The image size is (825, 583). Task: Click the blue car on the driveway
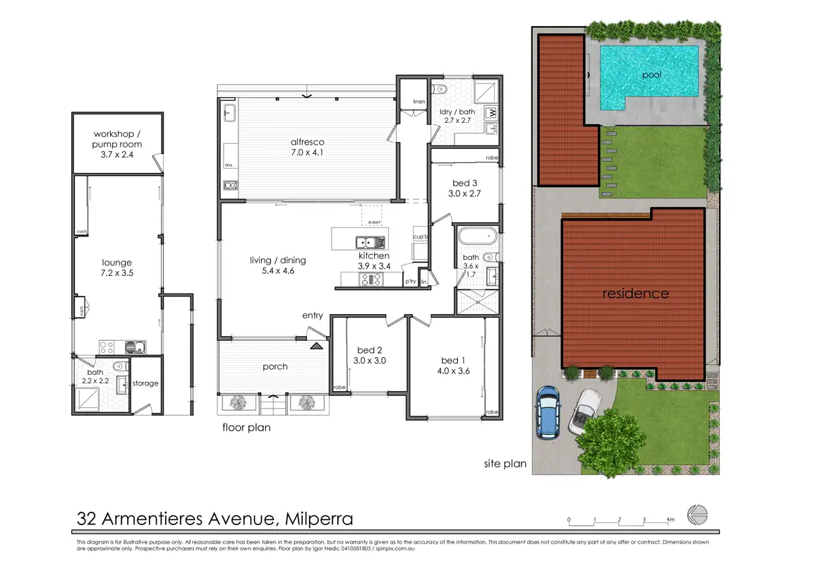pos(548,412)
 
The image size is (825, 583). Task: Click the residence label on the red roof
pos(635,293)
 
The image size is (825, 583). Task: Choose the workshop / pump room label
pos(118,140)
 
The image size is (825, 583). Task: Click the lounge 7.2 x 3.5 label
pos(117,268)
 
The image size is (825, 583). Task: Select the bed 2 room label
pos(369,350)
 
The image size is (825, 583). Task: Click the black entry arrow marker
pos(315,345)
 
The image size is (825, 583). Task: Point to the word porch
pos(276,366)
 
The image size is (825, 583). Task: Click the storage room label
pos(146,383)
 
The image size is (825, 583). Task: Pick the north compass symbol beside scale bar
pos(698,516)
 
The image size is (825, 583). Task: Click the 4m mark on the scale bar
pos(670,520)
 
